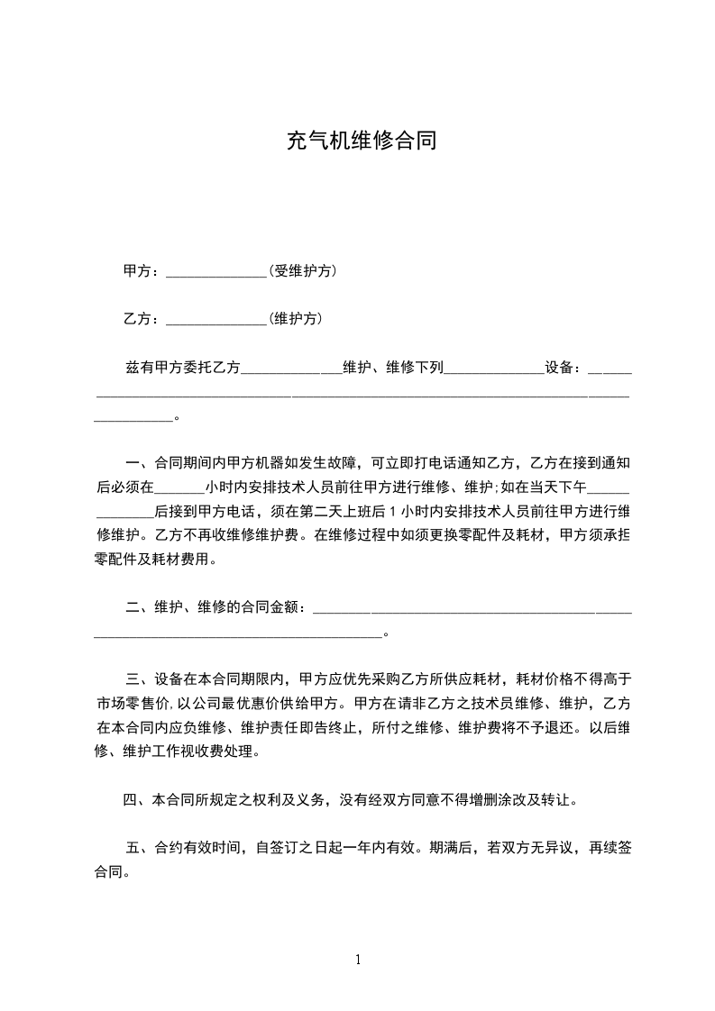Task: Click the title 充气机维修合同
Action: pyautogui.click(x=361, y=141)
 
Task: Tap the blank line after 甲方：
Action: pyautogui.click(x=216, y=274)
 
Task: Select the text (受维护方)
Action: pyautogui.click(x=303, y=271)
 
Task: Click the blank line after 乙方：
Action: pyautogui.click(x=216, y=322)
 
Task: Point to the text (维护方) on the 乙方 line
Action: pyautogui.click(x=296, y=319)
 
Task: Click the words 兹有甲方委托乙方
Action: pyautogui.click(x=184, y=368)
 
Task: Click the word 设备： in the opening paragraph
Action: pyautogui.click(x=564, y=368)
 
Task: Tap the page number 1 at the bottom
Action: pyautogui.click(x=358, y=960)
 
